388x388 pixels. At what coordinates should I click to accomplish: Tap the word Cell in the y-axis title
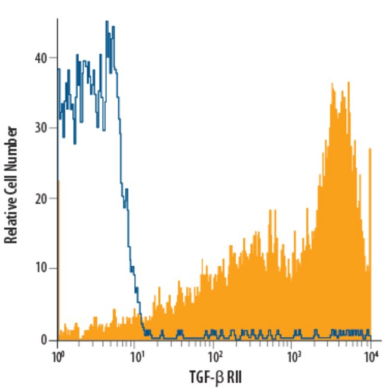point(10,177)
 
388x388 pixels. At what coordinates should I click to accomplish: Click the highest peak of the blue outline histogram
point(107,21)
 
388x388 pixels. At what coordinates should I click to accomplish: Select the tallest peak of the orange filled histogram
point(332,84)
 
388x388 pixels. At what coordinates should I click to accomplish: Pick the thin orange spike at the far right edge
point(370,149)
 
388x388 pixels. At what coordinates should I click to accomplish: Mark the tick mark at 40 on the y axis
point(54,58)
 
